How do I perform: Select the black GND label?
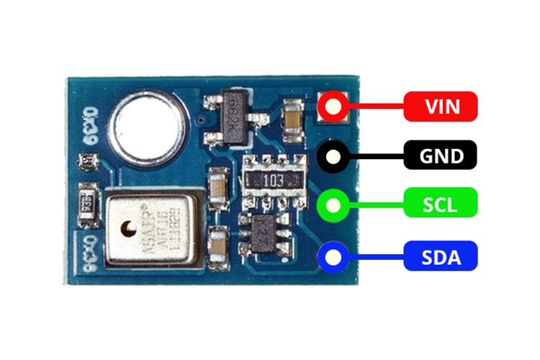[441, 156]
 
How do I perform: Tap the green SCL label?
[441, 204]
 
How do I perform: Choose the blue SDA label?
[441, 256]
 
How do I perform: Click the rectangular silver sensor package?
[150, 225]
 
